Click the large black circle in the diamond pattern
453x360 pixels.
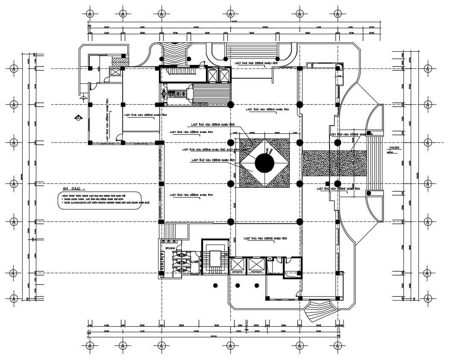264,163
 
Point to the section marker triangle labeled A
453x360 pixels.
78,118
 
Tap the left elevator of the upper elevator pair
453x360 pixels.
212,74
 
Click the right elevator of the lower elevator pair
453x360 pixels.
256,266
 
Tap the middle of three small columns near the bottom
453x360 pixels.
238,286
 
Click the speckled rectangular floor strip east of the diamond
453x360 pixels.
334,163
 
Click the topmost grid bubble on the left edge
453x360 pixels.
14,68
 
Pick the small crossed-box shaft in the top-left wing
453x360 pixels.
115,71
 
